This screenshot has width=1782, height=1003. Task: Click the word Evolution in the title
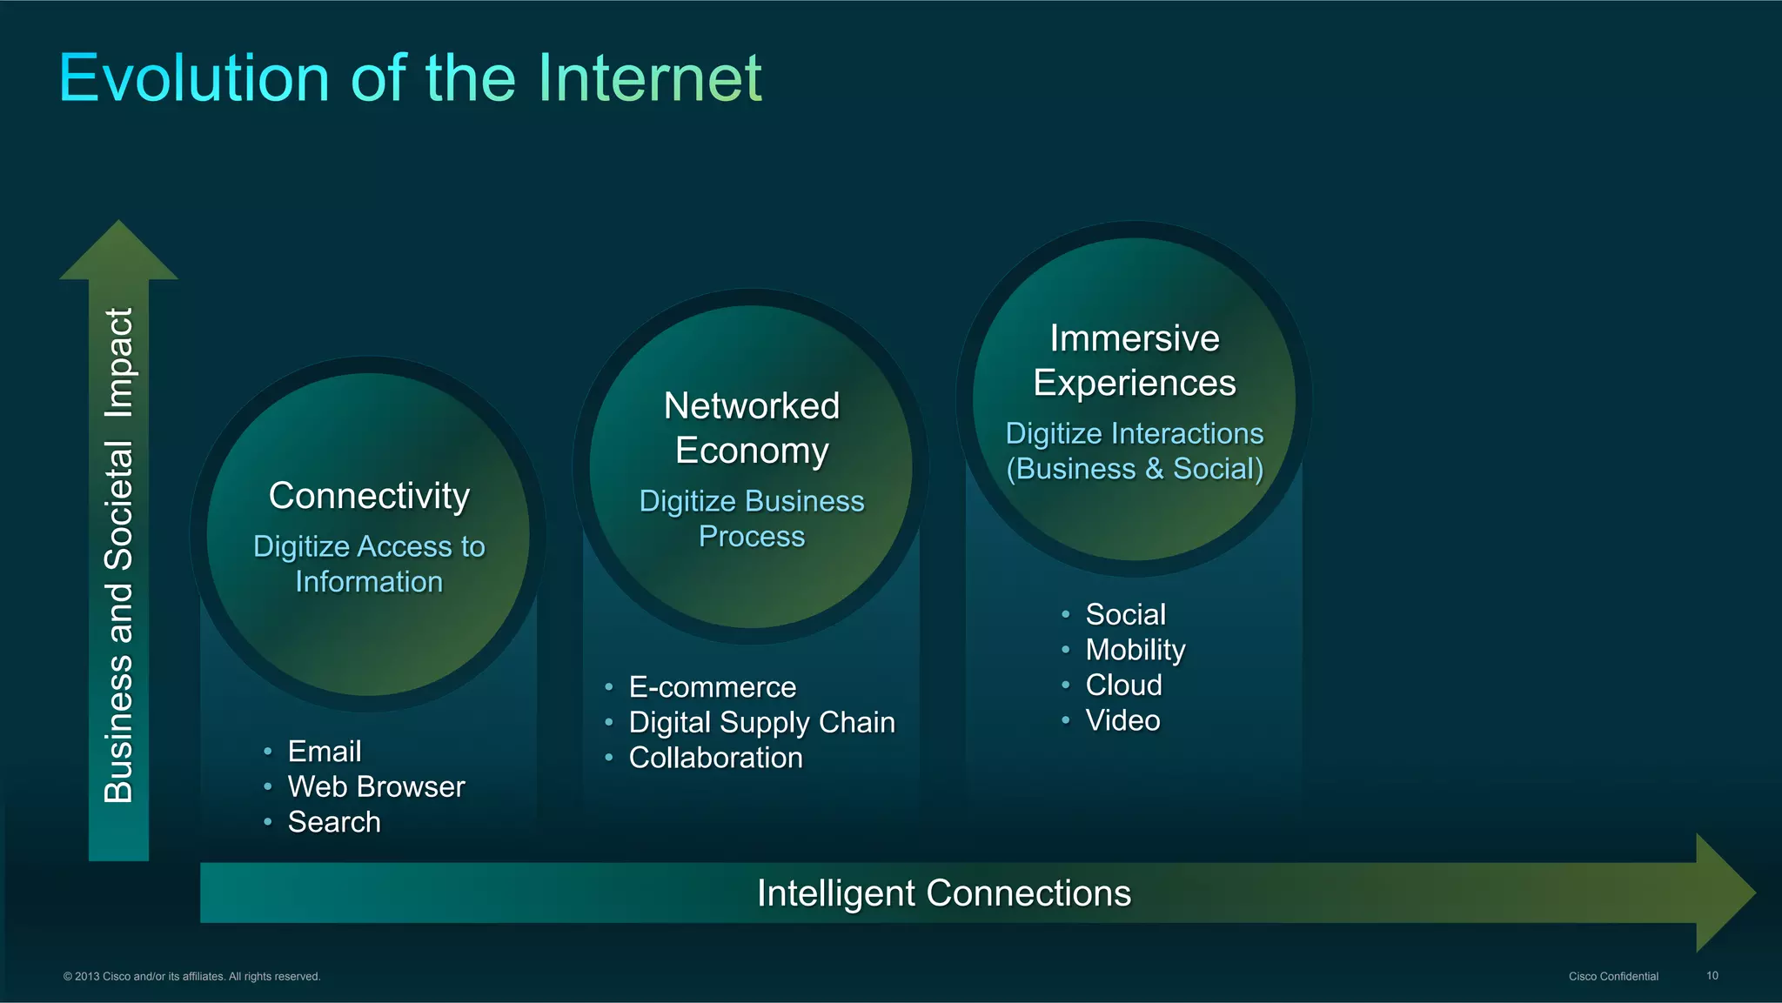[194, 78]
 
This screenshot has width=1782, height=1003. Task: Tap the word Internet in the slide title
[649, 78]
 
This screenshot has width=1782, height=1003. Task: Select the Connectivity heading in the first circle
[369, 496]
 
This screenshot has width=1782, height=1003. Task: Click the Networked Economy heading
[752, 428]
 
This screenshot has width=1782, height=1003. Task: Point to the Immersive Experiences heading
[1134, 360]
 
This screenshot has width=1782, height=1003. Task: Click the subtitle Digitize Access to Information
[369, 564]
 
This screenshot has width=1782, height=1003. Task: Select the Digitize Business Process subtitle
[752, 518]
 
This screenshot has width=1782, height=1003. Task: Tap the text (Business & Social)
[1135, 469]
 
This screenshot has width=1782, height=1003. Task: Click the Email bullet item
[325, 752]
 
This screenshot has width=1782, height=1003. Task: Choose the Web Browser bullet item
[376, 786]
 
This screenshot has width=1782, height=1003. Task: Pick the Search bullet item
[334, 822]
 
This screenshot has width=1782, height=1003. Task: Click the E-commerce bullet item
[712, 687]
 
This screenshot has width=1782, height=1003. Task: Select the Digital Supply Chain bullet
[761, 722]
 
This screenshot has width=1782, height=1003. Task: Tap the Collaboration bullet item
[715, 758]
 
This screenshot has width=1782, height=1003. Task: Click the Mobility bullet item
[1135, 650]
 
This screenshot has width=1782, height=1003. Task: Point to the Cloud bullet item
[1123, 685]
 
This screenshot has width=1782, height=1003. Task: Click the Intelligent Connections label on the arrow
[943, 893]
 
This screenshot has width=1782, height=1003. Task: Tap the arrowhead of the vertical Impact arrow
[118, 252]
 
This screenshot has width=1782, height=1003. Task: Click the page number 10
[1712, 976]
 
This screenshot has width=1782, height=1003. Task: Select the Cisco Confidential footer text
[1613, 976]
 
